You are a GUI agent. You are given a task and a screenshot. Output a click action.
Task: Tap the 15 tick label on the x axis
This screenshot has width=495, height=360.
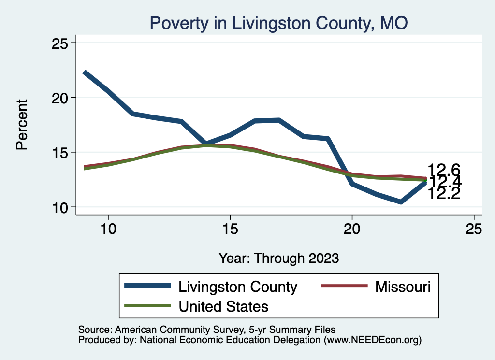coord(230,229)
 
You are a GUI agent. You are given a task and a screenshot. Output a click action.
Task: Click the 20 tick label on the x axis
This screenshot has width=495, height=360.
coord(352,229)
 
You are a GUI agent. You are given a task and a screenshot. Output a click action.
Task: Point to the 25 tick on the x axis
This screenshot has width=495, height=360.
coord(474,229)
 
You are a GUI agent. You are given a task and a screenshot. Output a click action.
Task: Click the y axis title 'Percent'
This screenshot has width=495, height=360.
coord(22,125)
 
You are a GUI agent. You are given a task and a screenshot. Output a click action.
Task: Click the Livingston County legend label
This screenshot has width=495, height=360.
coord(237,287)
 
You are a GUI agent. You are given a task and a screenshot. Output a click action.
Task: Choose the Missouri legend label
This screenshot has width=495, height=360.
coord(402,287)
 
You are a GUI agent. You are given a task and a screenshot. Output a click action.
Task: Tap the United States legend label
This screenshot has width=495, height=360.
coord(223,306)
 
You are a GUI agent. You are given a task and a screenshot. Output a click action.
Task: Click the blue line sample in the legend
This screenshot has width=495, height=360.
coord(147,286)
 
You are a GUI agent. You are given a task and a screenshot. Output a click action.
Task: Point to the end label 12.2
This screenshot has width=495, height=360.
coord(444,194)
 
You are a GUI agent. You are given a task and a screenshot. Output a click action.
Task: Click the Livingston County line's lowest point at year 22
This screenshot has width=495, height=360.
coord(401,202)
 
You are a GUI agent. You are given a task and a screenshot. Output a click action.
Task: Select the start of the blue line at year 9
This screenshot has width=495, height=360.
coord(84,72)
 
